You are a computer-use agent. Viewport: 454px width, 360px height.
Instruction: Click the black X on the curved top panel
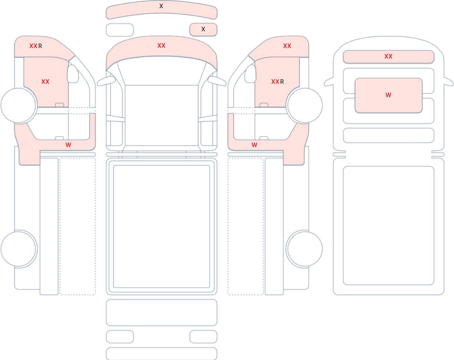161,6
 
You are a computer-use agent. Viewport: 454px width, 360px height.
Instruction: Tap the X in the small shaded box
203,29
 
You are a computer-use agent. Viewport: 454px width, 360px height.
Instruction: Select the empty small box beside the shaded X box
120,30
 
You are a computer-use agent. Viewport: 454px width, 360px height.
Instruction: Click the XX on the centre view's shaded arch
162,45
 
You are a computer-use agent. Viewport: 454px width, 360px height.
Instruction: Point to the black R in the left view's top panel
40,46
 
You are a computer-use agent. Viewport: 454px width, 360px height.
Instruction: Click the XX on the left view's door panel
45,82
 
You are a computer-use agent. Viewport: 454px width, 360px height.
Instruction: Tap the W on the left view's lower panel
68,145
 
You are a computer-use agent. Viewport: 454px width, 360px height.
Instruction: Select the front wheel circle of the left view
18,105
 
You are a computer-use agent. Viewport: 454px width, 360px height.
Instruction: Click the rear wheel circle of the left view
18,249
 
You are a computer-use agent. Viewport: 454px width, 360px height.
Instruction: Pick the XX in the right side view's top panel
287,46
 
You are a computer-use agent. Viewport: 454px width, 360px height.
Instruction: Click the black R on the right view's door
282,82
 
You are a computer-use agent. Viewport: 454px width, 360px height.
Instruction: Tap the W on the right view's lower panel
255,145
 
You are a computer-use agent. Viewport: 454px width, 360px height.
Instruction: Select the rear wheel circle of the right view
305,249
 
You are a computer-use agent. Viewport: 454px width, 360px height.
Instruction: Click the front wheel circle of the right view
305,105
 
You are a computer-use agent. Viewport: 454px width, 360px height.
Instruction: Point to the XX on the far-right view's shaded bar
389,56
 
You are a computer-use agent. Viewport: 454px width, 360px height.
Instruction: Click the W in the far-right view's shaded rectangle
389,95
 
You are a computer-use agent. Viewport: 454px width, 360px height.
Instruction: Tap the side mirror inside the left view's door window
73,74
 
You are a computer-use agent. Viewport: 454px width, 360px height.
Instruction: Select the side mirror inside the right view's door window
250,74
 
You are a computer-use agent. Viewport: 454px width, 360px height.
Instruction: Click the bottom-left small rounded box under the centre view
120,337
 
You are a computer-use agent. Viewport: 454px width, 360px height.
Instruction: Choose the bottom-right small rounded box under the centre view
204,337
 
